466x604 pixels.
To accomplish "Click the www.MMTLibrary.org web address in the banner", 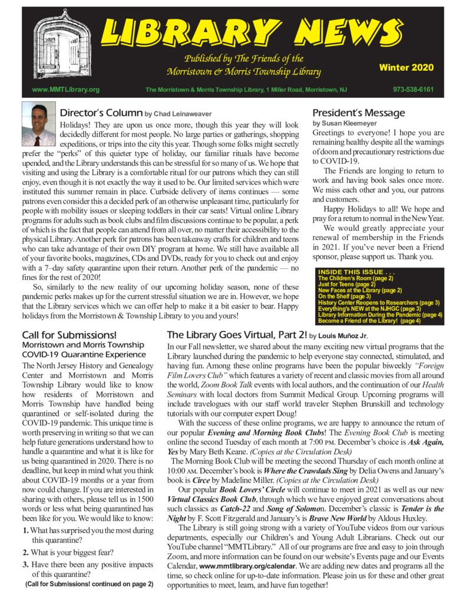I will [65, 90].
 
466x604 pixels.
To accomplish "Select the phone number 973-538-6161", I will [413, 90].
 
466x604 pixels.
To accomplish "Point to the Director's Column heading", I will [101, 113].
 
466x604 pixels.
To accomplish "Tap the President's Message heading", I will [359, 113].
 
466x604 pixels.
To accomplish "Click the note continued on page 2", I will [89, 585].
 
